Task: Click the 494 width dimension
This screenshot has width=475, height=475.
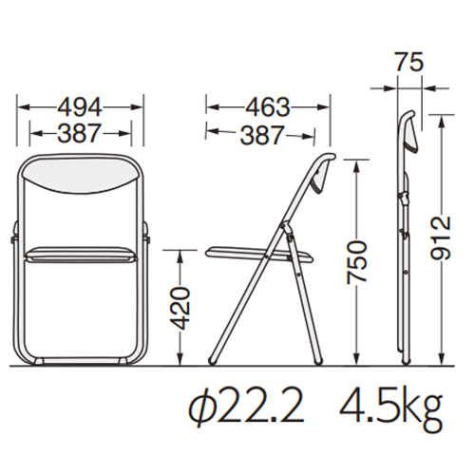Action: (x=80, y=107)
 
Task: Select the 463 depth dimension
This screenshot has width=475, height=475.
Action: (x=268, y=107)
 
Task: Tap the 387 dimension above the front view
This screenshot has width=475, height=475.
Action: (x=80, y=133)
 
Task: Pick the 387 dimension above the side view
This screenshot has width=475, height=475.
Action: (x=262, y=136)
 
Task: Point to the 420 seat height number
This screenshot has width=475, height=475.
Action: (x=180, y=309)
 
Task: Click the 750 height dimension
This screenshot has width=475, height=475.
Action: (x=357, y=261)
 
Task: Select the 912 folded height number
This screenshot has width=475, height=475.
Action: (x=440, y=238)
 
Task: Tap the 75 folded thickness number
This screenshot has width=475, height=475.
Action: (x=409, y=62)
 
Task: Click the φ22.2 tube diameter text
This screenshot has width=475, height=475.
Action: (x=246, y=407)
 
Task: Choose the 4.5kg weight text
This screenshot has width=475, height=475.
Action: (x=390, y=408)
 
